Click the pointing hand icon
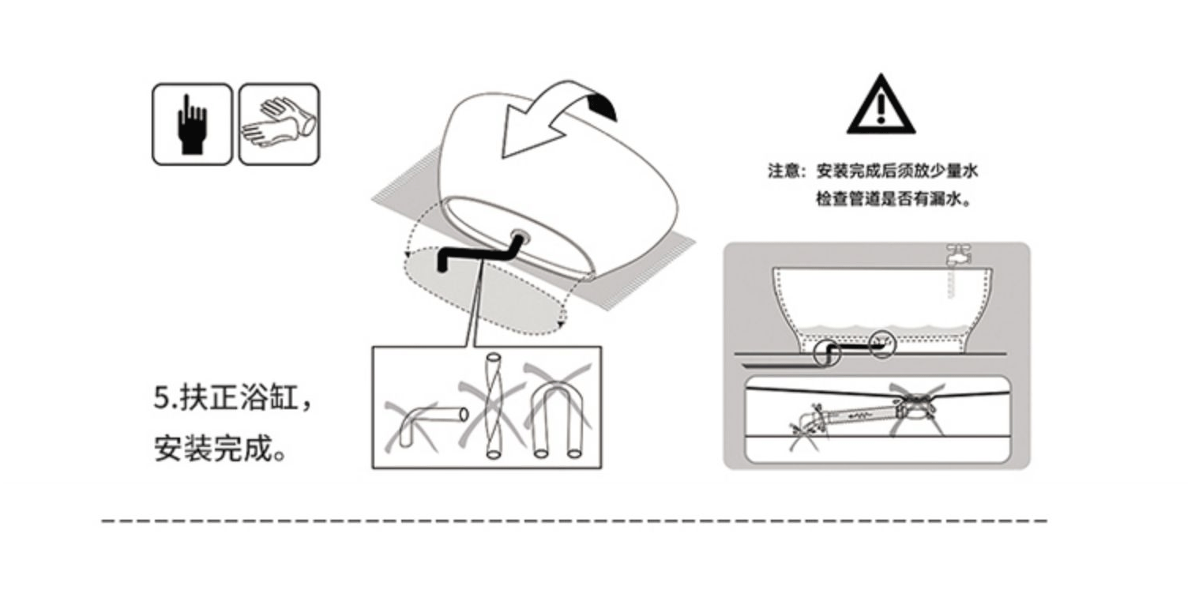click(192, 124)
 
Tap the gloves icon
click(279, 124)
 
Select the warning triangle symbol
click(881, 105)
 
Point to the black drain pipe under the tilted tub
click(476, 254)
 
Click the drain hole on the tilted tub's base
click(518, 235)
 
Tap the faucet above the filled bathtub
click(959, 255)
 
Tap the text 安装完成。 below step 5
click(220, 449)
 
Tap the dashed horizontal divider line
click(574, 520)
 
